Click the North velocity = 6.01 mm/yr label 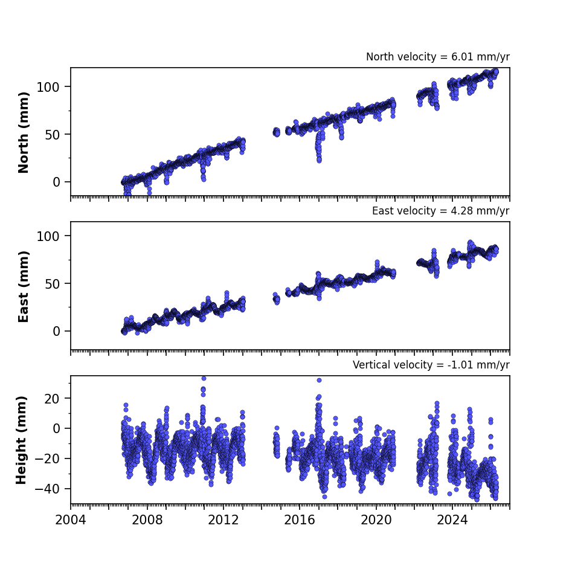[x=438, y=57]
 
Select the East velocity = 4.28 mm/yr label [x=441, y=211]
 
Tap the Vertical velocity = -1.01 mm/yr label [x=431, y=365]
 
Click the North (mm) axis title [x=24, y=132]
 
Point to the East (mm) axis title [x=24, y=286]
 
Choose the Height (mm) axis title [x=21, y=440]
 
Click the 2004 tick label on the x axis [x=71, y=520]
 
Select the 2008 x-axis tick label [x=147, y=520]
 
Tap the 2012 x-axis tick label [x=224, y=520]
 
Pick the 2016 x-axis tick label [x=300, y=520]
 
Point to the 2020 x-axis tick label [x=376, y=520]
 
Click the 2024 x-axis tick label [x=452, y=520]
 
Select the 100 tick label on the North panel [x=48, y=87]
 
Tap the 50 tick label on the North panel [x=52, y=135]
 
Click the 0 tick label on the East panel [x=56, y=332]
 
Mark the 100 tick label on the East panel [x=48, y=236]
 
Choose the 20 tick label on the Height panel [x=52, y=399]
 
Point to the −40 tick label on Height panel [x=47, y=489]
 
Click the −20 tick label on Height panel [x=47, y=459]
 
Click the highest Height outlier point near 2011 [x=204, y=378]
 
